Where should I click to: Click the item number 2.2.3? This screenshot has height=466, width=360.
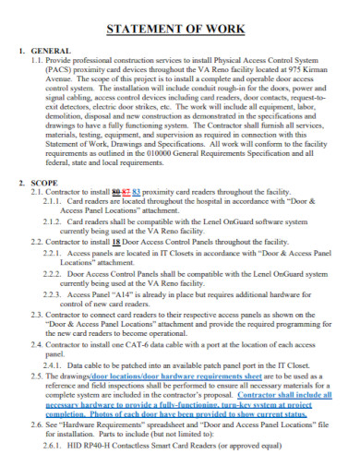(55, 293)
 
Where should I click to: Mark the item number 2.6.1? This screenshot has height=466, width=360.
(55, 458)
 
